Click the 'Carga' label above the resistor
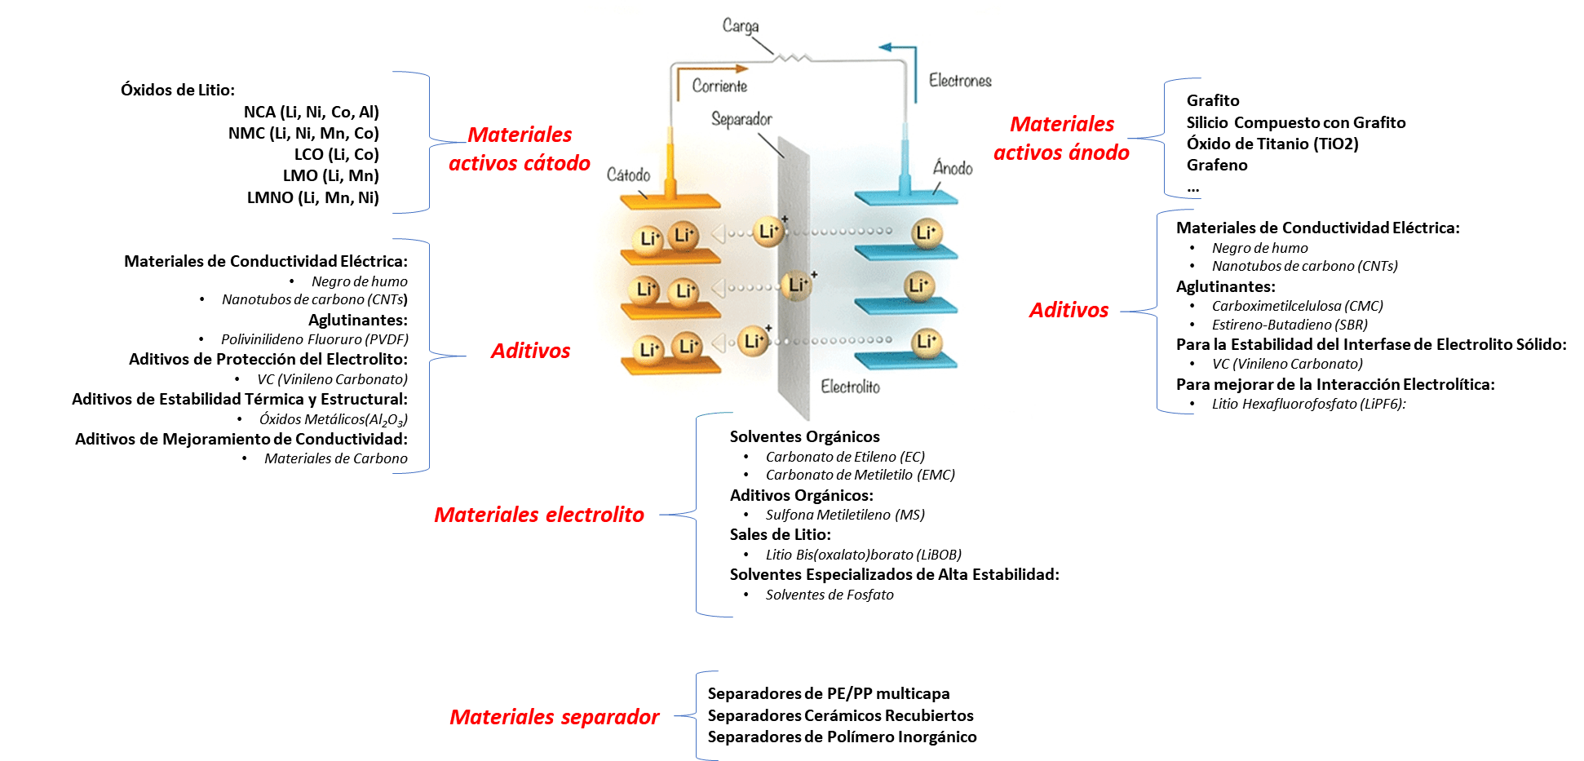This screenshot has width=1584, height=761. coord(740,26)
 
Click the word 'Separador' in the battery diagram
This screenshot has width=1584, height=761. coord(741,120)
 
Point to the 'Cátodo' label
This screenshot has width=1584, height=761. coord(628,175)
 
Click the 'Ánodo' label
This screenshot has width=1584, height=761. coord(953,168)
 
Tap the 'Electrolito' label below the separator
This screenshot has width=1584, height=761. coord(850,387)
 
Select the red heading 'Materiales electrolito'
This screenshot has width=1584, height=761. coord(538,515)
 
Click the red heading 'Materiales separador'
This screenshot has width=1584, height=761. coord(554,717)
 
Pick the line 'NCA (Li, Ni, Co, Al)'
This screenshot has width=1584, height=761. coord(311,112)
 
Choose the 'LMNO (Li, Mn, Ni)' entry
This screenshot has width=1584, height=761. coord(312,197)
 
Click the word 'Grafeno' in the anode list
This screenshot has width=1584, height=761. coord(1217,165)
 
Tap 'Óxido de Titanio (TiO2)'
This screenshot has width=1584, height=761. coord(1272,144)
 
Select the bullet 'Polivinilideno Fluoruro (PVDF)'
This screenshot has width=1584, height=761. coord(314,339)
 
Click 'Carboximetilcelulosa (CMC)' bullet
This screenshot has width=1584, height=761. coord(1297,306)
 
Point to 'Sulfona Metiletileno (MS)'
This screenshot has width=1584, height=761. coord(844,515)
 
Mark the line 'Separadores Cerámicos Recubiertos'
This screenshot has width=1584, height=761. coord(840,715)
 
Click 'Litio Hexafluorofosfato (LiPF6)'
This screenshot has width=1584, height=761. coord(1307,404)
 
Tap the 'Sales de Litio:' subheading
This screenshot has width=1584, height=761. coord(780,534)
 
